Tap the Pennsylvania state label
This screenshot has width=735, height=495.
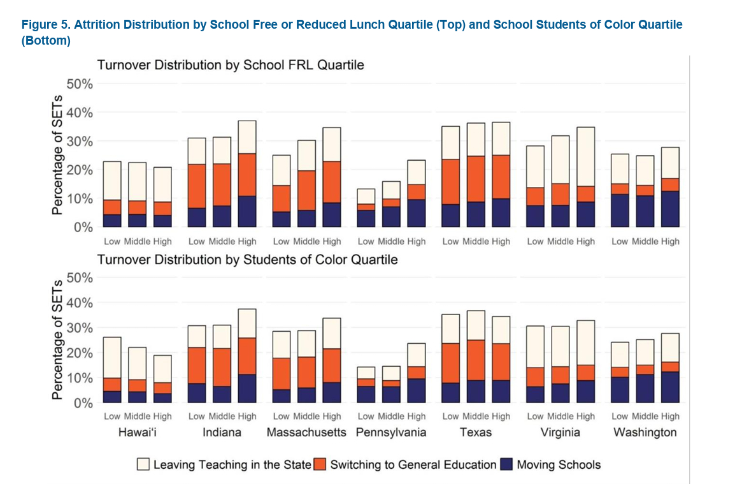(x=390, y=432)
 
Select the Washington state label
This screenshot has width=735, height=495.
(x=645, y=432)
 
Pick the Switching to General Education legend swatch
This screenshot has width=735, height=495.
(x=320, y=464)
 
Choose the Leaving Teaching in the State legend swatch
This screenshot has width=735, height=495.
(x=144, y=464)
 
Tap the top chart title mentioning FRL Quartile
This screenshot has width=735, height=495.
(x=230, y=65)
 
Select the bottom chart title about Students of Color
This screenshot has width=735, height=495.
(x=247, y=260)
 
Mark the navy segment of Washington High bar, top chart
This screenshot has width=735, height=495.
(x=670, y=209)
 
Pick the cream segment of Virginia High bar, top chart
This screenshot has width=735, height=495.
(x=585, y=156)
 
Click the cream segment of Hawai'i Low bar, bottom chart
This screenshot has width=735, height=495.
(x=112, y=357)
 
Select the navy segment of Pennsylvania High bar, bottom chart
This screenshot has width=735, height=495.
(x=416, y=390)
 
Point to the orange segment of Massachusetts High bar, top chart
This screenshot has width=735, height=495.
(x=332, y=182)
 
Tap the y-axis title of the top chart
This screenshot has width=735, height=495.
(x=58, y=156)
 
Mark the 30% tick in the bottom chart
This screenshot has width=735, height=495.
(x=80, y=328)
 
